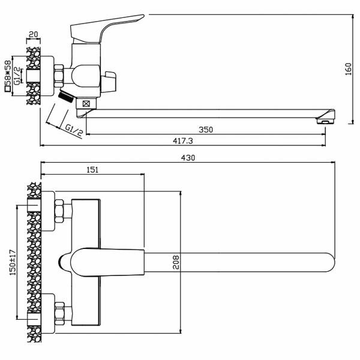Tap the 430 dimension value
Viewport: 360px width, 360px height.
189,158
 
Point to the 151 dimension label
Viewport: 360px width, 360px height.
92,170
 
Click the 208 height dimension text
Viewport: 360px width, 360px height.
175,262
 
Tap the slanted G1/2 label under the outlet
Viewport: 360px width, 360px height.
73,130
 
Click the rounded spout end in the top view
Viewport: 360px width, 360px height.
327,263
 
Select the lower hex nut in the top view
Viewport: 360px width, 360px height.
60,313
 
